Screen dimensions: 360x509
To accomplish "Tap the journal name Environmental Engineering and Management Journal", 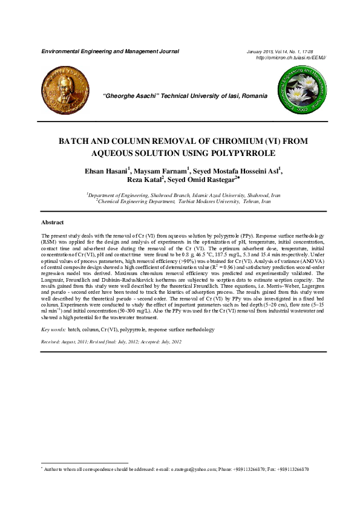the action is click(x=110, y=51).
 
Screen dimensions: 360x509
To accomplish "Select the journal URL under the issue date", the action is click(x=292, y=57).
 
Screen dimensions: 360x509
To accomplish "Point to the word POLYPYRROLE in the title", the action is click(x=220, y=152).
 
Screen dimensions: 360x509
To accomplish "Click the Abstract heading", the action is click(x=52, y=222).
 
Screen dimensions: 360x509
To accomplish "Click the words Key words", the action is click(x=53, y=330).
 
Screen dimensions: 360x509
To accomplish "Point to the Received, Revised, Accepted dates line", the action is click(x=111, y=342).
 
